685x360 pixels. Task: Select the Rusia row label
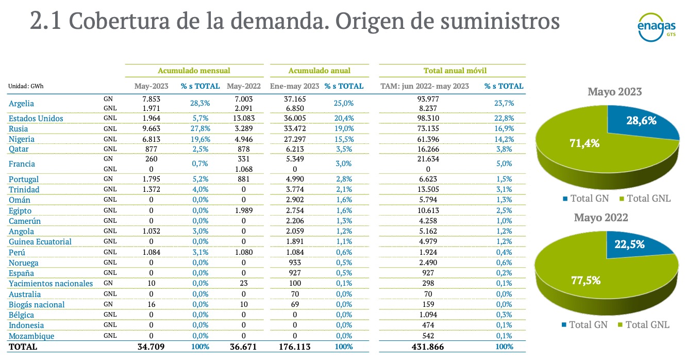(x=19, y=129)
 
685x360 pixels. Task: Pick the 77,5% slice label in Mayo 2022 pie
(x=572, y=281)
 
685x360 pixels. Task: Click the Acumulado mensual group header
(x=194, y=70)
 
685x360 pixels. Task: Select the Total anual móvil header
(x=452, y=70)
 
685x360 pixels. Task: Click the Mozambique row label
(x=31, y=336)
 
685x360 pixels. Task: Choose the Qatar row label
(x=19, y=149)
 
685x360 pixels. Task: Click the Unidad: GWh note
(x=26, y=86)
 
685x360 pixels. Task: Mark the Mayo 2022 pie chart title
(x=601, y=218)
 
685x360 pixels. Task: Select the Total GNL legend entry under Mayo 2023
(x=644, y=199)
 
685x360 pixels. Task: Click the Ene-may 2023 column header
(x=295, y=86)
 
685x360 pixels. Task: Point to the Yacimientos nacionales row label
(x=51, y=283)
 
